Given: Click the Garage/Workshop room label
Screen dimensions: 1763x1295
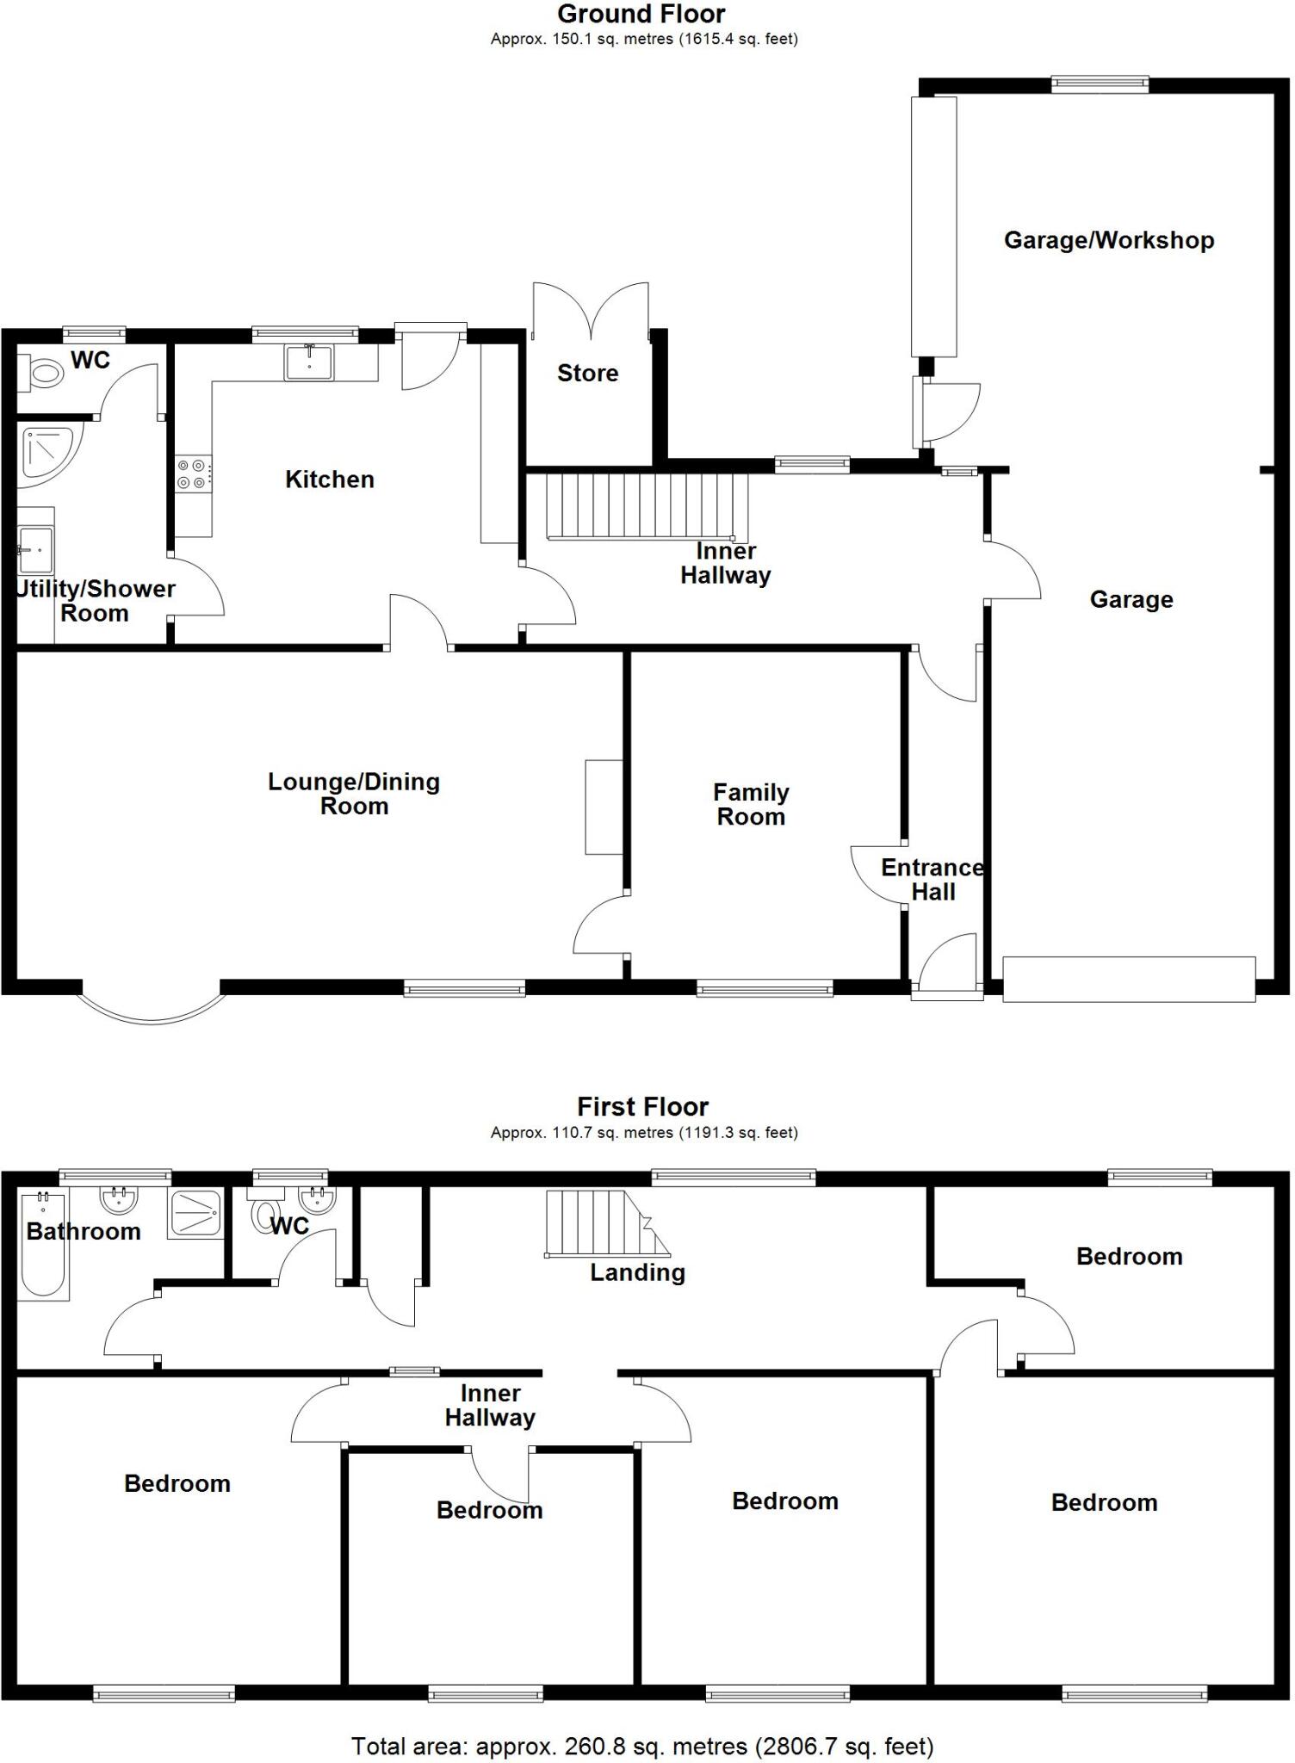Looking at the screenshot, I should coord(1108,240).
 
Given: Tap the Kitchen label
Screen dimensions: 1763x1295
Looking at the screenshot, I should coord(330,479).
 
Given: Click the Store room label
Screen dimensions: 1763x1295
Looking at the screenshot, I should coord(587,373).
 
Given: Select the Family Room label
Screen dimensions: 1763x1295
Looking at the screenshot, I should coord(751,804).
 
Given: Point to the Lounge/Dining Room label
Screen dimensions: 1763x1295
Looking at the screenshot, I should coord(354,794).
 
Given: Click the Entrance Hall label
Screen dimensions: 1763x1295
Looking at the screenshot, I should coord(933,879).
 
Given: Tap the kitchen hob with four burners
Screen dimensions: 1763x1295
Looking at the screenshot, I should coord(191,474).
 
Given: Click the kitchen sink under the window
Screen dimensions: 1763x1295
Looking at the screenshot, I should coord(309,362).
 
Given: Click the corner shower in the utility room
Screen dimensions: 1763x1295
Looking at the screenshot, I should coord(47,449).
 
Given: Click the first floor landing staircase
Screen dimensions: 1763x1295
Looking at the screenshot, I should coord(603,1223).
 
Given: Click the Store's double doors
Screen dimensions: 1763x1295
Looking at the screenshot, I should coord(591,312).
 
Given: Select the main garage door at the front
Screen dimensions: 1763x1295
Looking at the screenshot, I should coord(1128,979).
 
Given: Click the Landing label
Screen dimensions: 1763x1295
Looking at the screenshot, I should coord(637,1272).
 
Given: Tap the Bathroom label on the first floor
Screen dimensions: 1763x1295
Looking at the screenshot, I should coord(84,1231).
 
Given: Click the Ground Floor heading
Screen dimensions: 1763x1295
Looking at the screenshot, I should coord(641,14).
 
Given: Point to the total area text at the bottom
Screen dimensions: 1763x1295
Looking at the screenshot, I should coord(642,1747).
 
